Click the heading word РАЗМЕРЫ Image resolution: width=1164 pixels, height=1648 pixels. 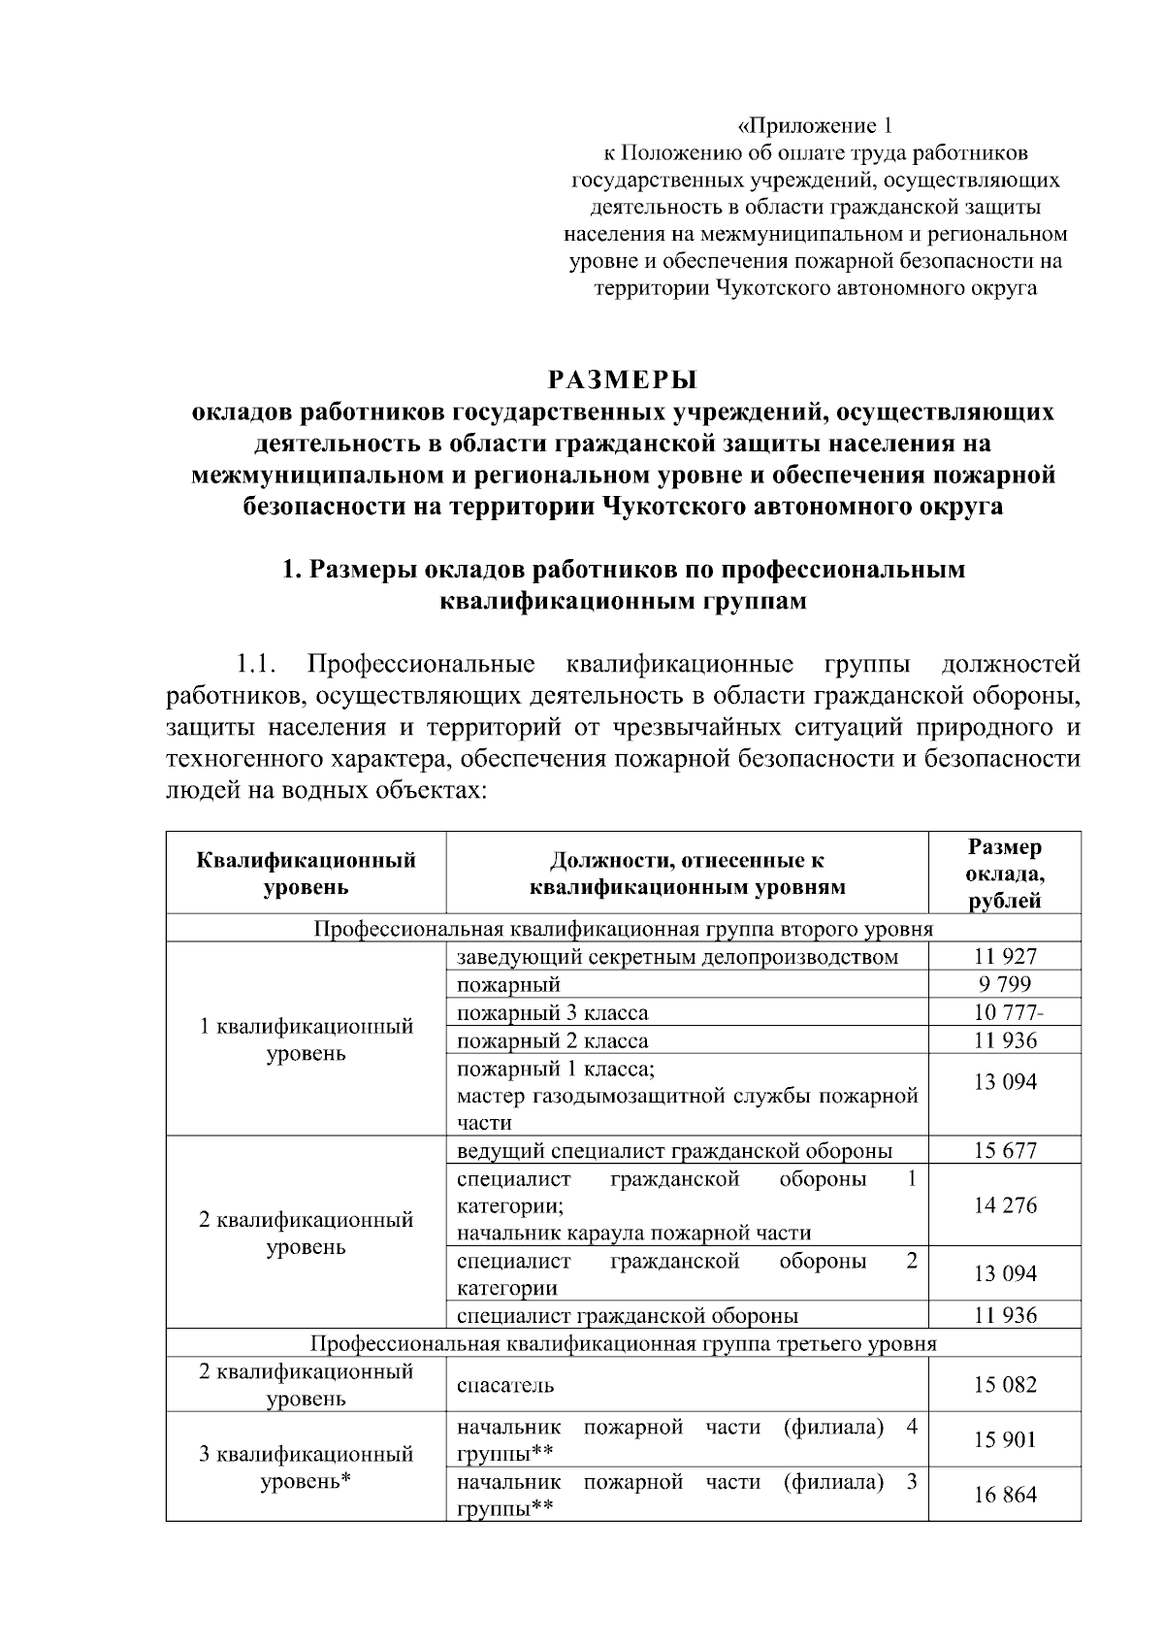(623, 379)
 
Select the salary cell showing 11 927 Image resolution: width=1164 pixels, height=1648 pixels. (1005, 957)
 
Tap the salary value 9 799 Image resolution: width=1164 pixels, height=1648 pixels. (1005, 985)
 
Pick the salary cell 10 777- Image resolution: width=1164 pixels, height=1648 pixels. (1008, 1013)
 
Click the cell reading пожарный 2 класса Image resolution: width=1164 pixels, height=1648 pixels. (553, 1041)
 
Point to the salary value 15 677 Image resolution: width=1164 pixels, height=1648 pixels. (1005, 1151)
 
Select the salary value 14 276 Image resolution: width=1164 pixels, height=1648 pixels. (1005, 1205)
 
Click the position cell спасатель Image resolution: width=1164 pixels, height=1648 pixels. (505, 1385)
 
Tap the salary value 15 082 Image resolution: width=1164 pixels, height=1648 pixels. (1005, 1385)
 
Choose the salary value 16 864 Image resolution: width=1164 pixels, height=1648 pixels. (1005, 1495)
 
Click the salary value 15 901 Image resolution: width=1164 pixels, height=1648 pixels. (1005, 1440)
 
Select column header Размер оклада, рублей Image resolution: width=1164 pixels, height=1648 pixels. (1005, 873)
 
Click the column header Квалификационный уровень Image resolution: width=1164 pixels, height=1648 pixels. (307, 873)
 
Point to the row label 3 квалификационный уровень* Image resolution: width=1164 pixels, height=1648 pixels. (307, 1467)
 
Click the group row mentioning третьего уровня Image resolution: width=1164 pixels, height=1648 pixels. (623, 1344)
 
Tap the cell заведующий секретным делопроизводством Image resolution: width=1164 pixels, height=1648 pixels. (677, 957)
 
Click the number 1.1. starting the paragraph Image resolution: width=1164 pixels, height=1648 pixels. (257, 666)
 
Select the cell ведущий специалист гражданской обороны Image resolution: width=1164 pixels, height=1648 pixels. (674, 1151)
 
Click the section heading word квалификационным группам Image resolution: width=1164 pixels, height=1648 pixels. (623, 602)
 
